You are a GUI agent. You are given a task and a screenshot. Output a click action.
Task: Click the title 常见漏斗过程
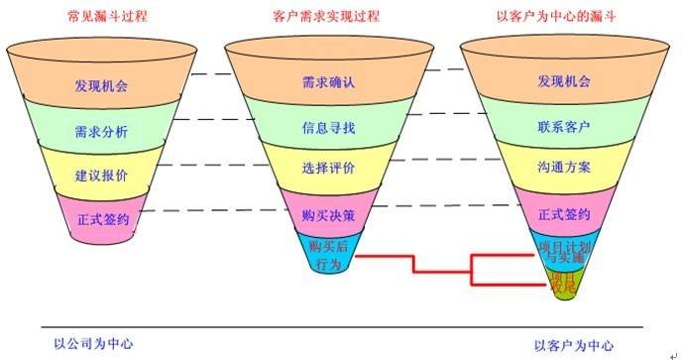click(x=101, y=16)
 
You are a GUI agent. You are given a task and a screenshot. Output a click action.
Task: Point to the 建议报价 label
click(x=101, y=175)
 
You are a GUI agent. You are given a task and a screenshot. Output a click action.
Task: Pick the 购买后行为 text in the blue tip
click(x=328, y=254)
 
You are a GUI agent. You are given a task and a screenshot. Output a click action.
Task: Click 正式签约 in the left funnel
click(x=101, y=217)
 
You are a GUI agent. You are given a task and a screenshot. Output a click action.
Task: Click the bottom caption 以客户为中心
click(x=573, y=345)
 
